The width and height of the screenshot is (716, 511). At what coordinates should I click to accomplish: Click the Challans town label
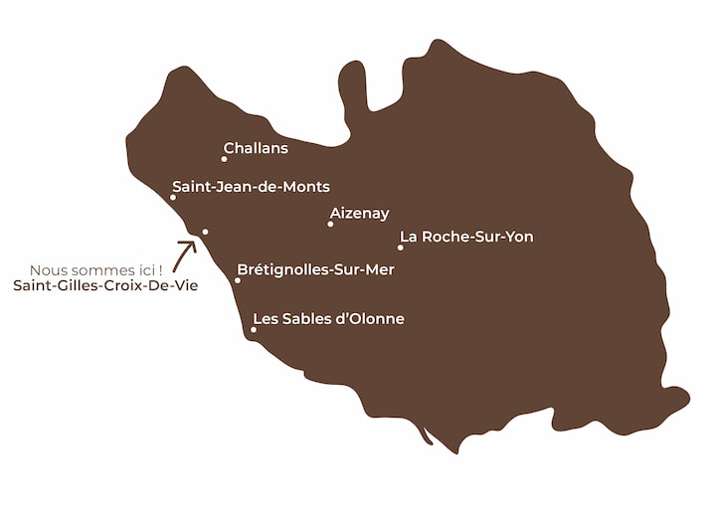pos(256,148)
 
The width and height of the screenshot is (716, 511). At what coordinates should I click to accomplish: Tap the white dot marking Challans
pos(224,159)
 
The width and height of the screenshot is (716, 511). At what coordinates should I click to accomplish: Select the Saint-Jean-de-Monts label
pos(251,186)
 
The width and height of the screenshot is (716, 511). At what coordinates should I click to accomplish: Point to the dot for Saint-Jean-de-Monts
pos(173,197)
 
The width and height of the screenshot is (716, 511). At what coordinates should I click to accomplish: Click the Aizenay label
pos(359,213)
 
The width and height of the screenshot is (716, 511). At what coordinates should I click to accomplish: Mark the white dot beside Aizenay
pos(330,224)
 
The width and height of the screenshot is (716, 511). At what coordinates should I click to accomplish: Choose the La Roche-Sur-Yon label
pos(466,237)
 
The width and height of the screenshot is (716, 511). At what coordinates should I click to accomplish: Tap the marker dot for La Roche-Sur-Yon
pos(401,248)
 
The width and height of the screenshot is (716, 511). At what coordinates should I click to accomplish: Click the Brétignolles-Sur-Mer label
pos(315,269)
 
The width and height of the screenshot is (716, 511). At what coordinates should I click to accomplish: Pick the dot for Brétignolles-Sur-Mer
pos(237,280)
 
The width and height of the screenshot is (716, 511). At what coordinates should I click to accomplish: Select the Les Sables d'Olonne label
pos(328,319)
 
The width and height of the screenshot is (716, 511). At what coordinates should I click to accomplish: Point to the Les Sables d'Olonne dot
pos(254,330)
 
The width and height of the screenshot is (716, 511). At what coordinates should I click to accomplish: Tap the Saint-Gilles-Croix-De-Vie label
pos(105,286)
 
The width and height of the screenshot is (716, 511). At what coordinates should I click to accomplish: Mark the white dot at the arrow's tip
pos(205,232)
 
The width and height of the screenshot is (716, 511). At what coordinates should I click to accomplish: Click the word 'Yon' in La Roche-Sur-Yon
pos(518,237)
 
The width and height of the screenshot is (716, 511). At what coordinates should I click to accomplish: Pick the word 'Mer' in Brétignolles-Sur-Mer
pos(379,269)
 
